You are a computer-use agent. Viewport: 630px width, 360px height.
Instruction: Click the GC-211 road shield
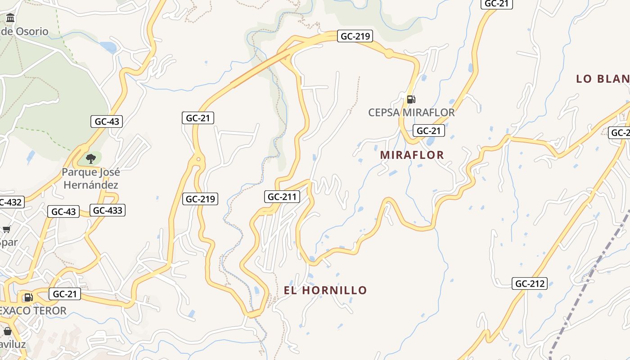282,197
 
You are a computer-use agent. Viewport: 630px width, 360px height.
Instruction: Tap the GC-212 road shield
529,283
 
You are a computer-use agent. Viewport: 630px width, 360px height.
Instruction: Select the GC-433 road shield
107,210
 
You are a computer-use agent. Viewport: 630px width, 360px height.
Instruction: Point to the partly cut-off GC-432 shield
10,202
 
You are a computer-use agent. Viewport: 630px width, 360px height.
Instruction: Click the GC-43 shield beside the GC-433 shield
63,211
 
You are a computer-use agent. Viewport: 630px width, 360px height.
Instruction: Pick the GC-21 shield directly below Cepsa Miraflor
428,130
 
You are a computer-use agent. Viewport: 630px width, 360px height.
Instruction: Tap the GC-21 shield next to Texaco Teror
65,294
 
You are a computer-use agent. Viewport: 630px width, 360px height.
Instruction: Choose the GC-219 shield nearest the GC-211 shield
200,198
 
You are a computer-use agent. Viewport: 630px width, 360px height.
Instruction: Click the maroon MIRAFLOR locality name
412,155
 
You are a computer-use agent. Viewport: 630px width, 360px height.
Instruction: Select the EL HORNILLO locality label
325,290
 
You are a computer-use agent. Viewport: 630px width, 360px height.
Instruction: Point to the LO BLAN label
602,79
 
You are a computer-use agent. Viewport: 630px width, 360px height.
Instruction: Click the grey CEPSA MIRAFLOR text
411,112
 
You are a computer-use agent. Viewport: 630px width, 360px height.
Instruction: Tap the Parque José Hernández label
91,178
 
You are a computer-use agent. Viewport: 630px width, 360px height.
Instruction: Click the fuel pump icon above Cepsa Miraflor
411,99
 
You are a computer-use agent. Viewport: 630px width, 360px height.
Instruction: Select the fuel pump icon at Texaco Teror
28,297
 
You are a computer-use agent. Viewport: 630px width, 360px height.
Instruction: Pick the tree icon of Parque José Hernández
91,158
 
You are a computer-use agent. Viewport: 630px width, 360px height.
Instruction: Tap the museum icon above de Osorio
10,18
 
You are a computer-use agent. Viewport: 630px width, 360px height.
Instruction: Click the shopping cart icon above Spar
7,229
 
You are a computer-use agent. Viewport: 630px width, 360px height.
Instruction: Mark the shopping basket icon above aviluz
8,332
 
